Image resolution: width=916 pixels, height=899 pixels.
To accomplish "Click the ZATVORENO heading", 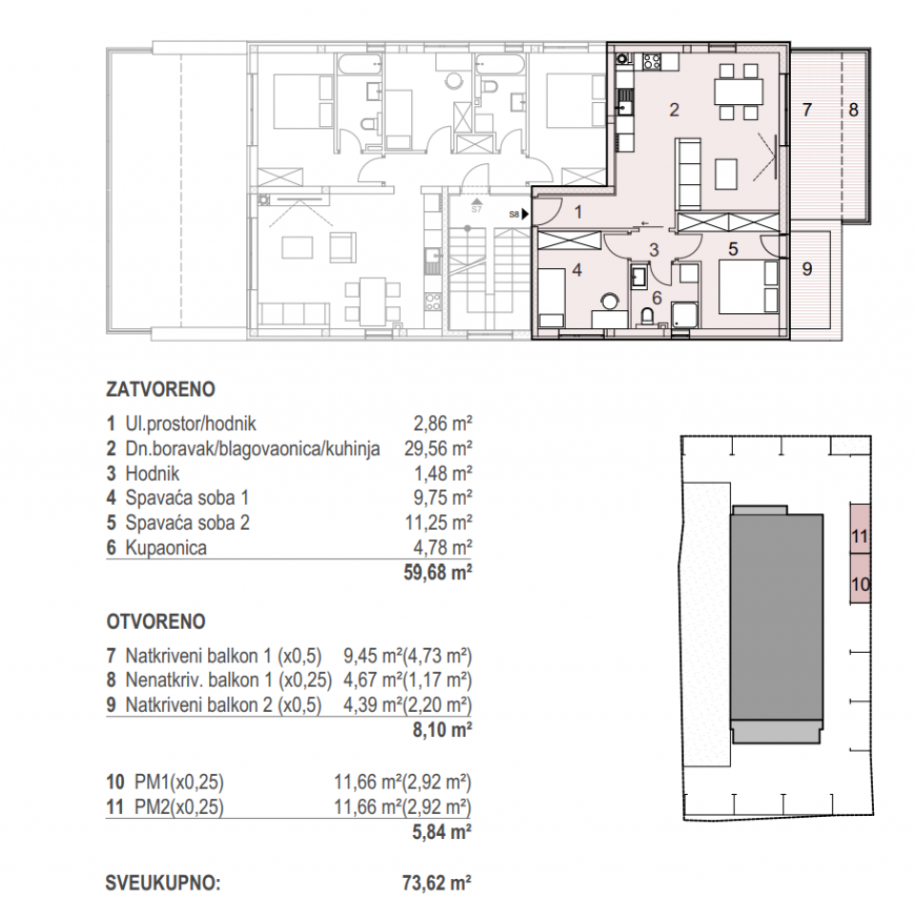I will tap(159, 389).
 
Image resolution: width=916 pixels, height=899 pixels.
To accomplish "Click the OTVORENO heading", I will tap(156, 621).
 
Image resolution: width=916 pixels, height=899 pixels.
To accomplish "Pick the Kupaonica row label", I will tap(164, 548).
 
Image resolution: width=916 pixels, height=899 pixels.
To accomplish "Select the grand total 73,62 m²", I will tap(437, 883).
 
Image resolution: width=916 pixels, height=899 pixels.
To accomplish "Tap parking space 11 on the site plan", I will tap(859, 536).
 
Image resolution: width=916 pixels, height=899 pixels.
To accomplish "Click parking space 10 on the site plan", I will tap(859, 582).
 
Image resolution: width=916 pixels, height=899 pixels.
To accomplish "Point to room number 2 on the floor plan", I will tap(674, 110).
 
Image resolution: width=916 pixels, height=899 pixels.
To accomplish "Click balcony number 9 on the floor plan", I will tap(806, 269).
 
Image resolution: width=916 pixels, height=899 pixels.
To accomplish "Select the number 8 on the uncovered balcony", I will tap(853, 110).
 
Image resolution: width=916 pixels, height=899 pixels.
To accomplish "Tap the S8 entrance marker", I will tap(514, 216).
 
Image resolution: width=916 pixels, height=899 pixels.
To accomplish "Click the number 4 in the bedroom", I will tap(576, 271).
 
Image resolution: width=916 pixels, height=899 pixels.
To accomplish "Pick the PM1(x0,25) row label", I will tap(164, 782).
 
